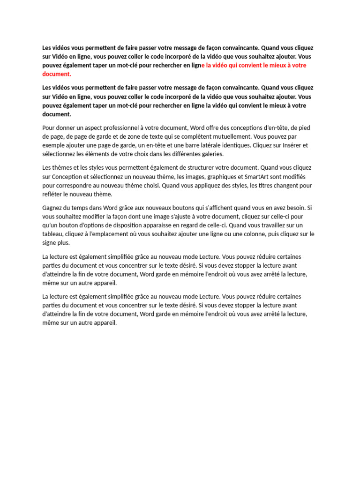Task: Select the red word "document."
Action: click(x=57, y=74)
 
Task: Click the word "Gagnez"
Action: click(x=52, y=207)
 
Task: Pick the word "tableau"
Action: click(x=52, y=234)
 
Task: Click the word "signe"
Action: click(x=50, y=243)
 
